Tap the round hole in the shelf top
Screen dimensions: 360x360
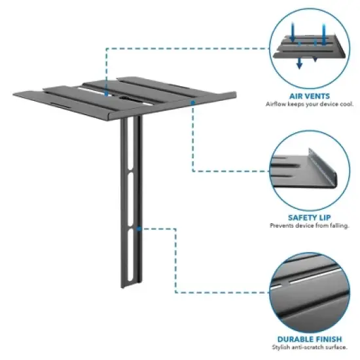pyautogui.click(x=123, y=100)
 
